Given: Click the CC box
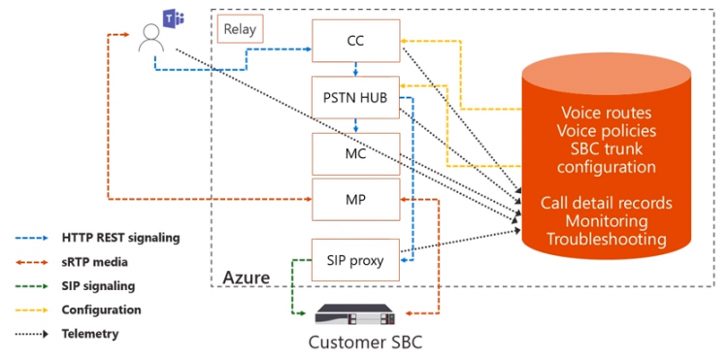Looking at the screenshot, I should (355, 40).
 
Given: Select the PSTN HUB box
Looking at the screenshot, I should (355, 96).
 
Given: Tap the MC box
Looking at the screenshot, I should (355, 153).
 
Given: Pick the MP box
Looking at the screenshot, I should (355, 198).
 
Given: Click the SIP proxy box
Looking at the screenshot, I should (355, 259).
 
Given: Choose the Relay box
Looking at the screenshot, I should (240, 29).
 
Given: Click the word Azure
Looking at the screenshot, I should (247, 278).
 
